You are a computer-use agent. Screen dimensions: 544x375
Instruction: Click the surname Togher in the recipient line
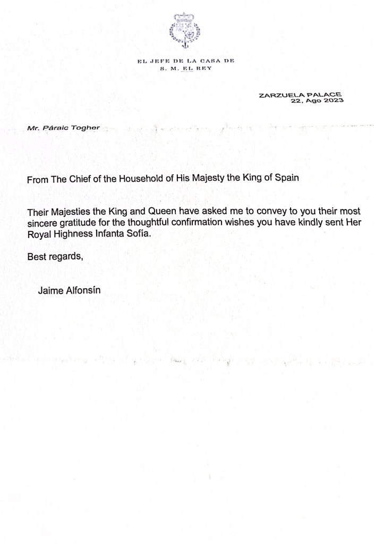(88, 128)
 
